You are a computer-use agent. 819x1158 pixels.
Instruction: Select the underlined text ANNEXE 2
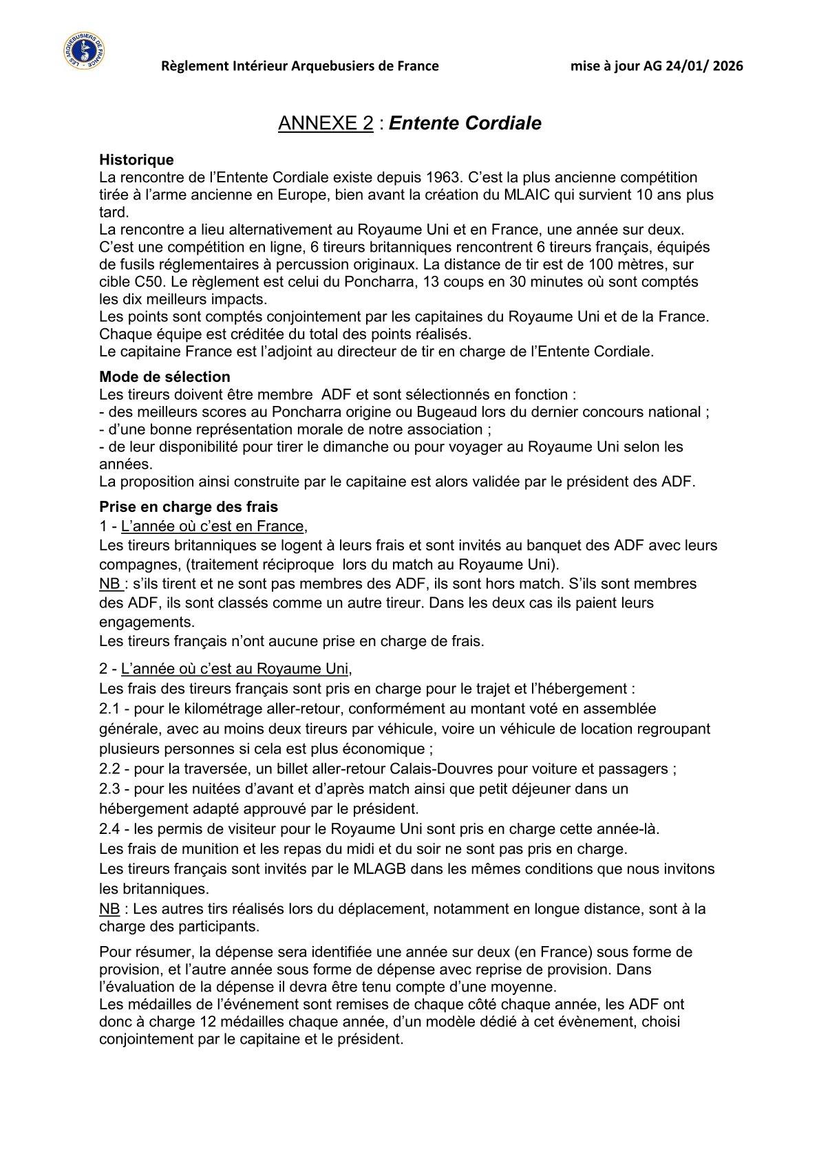coord(326,123)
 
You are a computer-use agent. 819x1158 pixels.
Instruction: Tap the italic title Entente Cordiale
coord(465,123)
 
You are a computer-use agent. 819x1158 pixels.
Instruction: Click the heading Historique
coord(136,160)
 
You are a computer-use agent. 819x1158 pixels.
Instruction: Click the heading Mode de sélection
coord(164,376)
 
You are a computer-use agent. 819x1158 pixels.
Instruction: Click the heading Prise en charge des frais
coord(188,506)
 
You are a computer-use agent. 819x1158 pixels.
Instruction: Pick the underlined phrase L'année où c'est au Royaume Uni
coord(235,668)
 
